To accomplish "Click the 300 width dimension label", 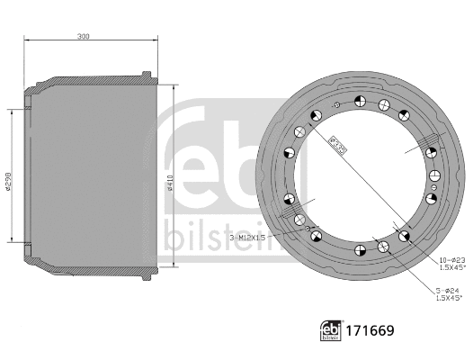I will coord(84,37).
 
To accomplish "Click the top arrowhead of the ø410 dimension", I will coord(165,86).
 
